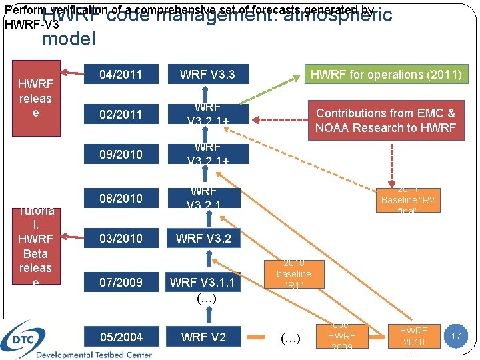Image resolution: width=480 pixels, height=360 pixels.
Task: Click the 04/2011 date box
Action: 120,74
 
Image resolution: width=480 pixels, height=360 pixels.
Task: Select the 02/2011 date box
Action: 120,114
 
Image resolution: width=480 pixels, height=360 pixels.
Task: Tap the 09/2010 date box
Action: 120,154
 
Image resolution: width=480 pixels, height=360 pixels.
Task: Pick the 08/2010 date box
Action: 120,198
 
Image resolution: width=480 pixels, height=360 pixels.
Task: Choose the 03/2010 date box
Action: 120,238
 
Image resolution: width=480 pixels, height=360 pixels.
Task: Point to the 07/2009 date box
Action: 120,282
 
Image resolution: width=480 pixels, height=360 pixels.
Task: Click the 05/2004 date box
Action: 120,337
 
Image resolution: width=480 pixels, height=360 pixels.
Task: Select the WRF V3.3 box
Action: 207,74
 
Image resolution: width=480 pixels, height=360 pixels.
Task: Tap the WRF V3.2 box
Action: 203,238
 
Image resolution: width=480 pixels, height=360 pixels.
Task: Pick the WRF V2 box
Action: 203,337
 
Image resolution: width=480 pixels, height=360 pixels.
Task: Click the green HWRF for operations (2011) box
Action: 385,74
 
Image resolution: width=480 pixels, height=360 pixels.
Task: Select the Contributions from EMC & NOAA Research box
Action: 385,120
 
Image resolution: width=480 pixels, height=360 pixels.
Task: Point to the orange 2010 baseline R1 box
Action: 293,274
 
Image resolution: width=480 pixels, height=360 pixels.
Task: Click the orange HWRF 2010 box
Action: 413,336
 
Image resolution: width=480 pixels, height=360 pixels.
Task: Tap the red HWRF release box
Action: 35,98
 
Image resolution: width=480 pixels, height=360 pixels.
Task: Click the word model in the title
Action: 69,39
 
